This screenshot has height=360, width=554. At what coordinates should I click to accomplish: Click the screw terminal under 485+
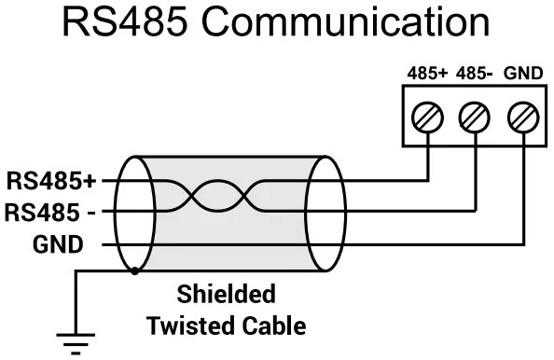pos(427,118)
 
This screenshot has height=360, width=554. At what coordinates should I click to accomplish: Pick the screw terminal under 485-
pos(475,118)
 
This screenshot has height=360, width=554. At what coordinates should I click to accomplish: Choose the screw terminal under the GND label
pos(522,118)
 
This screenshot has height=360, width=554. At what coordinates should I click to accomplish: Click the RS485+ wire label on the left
pos(51,178)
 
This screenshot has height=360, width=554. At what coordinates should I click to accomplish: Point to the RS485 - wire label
pos(51,212)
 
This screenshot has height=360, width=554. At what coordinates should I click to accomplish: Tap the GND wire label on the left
pos(58,244)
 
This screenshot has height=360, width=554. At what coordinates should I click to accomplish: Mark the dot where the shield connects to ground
pos(136,272)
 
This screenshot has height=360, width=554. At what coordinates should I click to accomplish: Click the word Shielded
pos(227,295)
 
